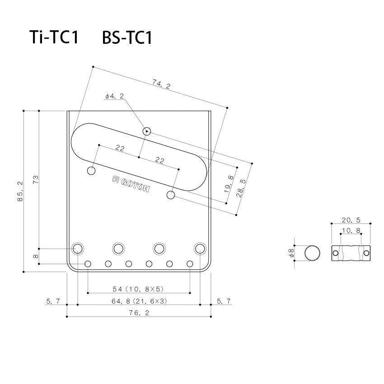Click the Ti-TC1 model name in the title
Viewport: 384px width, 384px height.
point(54,37)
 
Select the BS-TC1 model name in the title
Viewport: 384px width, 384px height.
point(127,37)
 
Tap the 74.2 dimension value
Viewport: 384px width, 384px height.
point(161,84)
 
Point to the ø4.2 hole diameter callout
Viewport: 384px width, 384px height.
point(114,96)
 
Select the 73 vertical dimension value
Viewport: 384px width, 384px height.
point(36,179)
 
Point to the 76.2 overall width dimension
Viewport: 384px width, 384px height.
point(139,312)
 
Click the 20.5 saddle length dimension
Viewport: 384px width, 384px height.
point(351,220)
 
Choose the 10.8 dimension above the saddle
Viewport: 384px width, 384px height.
point(351,230)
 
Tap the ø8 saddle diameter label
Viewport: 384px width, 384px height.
point(292,253)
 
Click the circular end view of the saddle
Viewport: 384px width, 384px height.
point(312,253)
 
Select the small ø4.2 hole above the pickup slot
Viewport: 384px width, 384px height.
point(146,131)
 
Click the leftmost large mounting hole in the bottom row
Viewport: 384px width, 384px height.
point(78,248)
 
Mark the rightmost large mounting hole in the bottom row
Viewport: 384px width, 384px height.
point(200,248)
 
